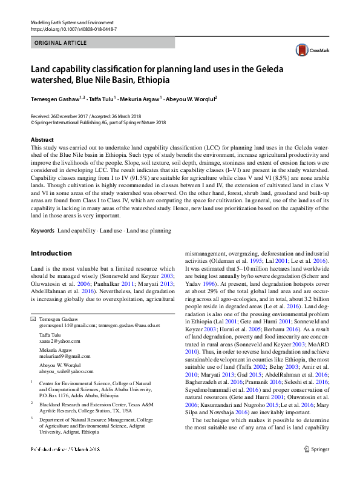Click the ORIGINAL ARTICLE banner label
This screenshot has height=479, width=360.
coord(61,43)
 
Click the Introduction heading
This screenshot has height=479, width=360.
coord(51,253)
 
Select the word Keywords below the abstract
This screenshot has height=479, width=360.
coord(42,231)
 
